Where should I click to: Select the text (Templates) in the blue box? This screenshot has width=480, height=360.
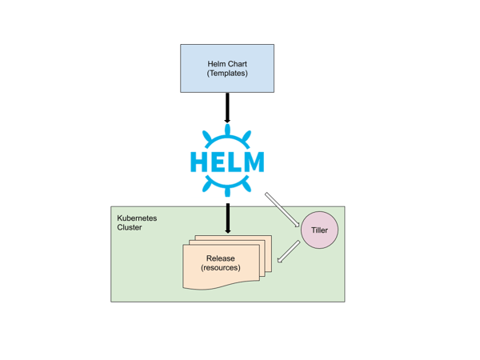(227, 74)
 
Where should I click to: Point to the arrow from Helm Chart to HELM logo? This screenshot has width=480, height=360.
(227, 107)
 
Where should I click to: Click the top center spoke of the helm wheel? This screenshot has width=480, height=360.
(227, 131)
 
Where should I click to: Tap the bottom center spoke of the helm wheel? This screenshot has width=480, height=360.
(227, 190)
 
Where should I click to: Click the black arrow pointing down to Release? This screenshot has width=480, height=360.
(227, 217)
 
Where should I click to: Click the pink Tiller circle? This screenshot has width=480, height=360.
(319, 230)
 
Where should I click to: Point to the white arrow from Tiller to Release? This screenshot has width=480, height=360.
(289, 251)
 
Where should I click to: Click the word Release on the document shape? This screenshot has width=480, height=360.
(221, 258)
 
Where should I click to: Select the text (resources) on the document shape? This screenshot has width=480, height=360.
(221, 268)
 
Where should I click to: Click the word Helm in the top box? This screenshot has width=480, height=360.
(214, 63)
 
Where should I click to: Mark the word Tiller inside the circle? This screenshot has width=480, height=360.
(319, 231)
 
